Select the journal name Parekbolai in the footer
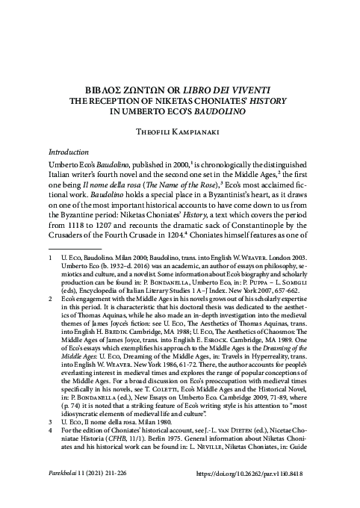[x=67, y=494]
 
